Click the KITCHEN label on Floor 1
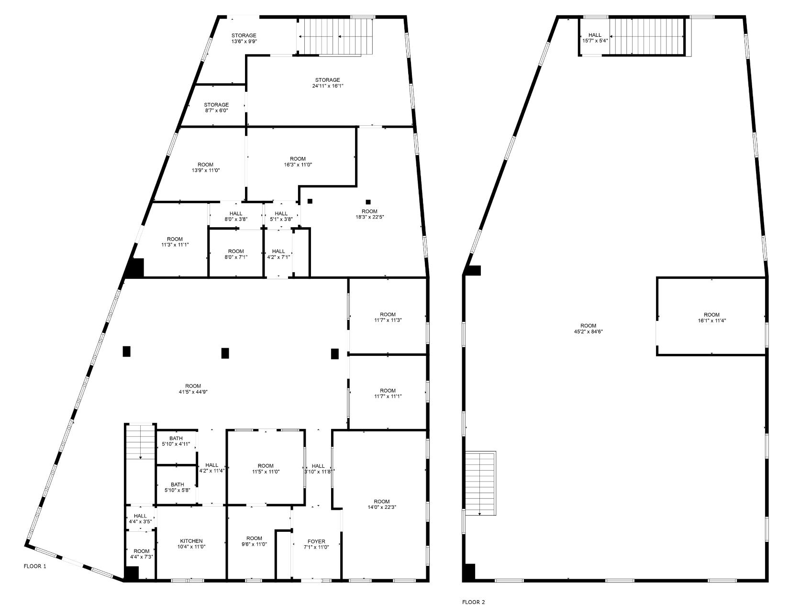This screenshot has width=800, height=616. [191, 541]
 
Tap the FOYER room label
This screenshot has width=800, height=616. [316, 541]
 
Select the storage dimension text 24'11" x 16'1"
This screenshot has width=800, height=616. [327, 86]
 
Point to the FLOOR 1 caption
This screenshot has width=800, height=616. [35, 566]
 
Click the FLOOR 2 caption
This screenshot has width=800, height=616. [473, 602]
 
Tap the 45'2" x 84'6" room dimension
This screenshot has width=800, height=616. [588, 331]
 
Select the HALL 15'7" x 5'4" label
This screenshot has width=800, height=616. [595, 38]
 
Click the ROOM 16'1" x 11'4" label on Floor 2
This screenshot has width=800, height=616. [711, 318]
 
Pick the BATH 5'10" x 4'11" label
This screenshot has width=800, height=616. [176, 441]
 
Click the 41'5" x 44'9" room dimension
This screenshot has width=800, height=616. [193, 392]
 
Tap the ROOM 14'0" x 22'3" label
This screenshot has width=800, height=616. [382, 504]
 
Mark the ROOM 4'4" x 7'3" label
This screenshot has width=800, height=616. [141, 553]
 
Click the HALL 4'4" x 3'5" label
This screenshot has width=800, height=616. [140, 518]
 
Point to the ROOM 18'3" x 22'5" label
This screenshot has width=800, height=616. [369, 214]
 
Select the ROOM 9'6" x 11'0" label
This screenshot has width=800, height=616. [254, 541]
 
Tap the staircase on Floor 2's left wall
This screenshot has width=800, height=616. [480, 483]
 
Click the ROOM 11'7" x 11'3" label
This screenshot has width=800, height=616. [388, 317]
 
